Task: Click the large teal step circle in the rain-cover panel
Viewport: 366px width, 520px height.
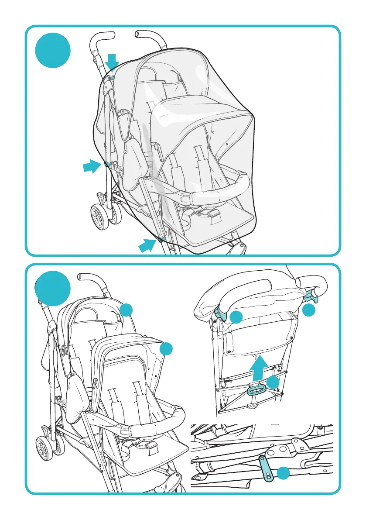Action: point(53,51)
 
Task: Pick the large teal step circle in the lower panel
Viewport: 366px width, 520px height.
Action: point(53,288)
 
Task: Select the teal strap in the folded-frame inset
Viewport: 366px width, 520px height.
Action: point(266,467)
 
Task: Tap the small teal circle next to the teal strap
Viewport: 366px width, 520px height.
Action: point(284,473)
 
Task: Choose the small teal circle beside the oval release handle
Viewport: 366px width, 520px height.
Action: point(274,382)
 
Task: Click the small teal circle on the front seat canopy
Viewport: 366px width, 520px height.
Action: point(166,349)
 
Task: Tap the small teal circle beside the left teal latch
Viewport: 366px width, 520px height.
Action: point(236,317)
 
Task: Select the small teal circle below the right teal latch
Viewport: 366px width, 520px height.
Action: point(309,310)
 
